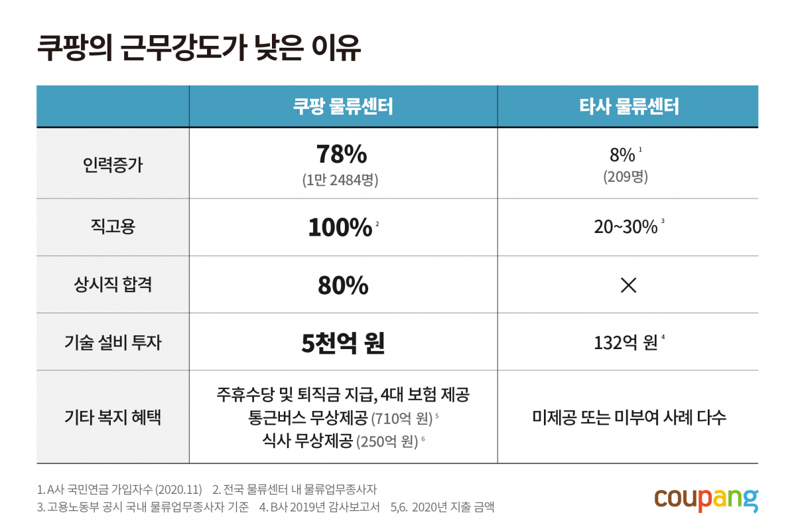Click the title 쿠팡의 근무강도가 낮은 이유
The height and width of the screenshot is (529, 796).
pyautogui.click(x=198, y=48)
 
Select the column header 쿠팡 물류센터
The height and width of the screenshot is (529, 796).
pyautogui.click(x=343, y=106)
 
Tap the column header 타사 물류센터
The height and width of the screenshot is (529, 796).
pyautogui.click(x=628, y=106)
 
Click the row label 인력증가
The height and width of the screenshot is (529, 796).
pyautogui.click(x=113, y=163)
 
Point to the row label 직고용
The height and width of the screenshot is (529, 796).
pyautogui.click(x=113, y=227)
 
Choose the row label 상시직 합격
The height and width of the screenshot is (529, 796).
pyautogui.click(x=113, y=285)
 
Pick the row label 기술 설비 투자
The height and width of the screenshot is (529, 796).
pyautogui.click(x=113, y=342)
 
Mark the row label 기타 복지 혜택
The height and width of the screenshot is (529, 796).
pyautogui.click(x=113, y=417)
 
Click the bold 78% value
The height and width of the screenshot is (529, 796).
pyautogui.click(x=342, y=155)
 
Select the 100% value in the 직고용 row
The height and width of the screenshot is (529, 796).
pyautogui.click(x=340, y=228)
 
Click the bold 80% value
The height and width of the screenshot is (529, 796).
pyautogui.click(x=342, y=285)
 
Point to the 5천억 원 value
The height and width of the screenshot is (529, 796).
pyautogui.click(x=343, y=343)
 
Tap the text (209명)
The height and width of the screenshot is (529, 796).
pyautogui.click(x=626, y=178)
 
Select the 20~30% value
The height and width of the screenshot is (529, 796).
pyautogui.click(x=626, y=228)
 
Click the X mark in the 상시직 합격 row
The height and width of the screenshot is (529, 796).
pyautogui.click(x=628, y=285)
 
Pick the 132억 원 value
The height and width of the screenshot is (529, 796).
pyautogui.click(x=626, y=343)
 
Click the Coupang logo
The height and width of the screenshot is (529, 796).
pyautogui.click(x=706, y=499)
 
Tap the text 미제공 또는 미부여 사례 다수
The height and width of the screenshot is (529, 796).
pyautogui.click(x=628, y=417)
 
